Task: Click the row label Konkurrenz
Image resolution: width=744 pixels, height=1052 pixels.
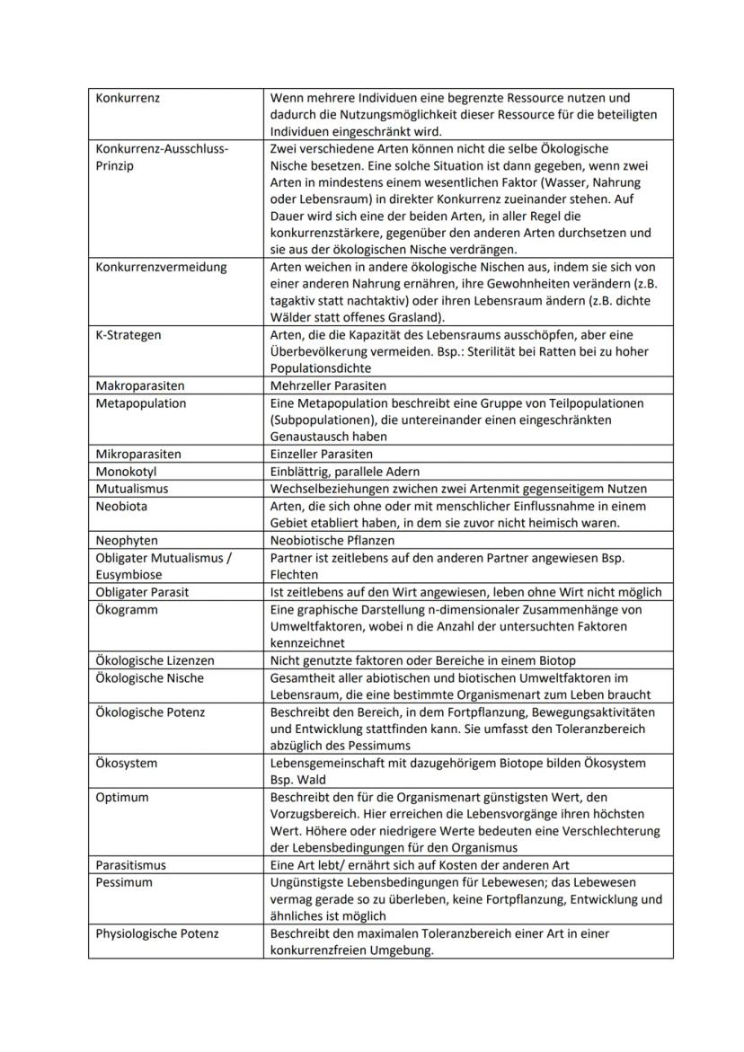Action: click(x=128, y=98)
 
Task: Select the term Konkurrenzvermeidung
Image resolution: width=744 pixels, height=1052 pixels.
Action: click(x=161, y=267)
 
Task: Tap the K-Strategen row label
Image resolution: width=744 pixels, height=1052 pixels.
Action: click(x=128, y=335)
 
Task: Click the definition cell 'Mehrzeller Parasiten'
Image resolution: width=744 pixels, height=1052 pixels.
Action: click(x=328, y=386)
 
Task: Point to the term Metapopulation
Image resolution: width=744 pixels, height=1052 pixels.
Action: click(x=140, y=403)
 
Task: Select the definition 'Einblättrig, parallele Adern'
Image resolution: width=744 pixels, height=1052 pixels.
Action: click(x=344, y=472)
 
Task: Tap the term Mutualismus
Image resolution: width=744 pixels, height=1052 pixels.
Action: click(x=131, y=489)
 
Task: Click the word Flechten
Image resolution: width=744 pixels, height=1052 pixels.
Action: click(x=294, y=575)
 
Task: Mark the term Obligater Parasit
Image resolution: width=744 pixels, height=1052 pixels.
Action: click(x=142, y=592)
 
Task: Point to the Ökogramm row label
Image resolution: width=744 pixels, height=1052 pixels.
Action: click(x=127, y=609)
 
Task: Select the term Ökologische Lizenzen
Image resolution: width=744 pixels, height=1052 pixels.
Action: click(x=155, y=660)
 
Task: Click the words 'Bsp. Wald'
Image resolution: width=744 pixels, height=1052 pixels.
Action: click(x=297, y=780)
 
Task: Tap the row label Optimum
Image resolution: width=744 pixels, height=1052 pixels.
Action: click(x=122, y=797)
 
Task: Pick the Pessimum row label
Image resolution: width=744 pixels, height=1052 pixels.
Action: click(x=124, y=882)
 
